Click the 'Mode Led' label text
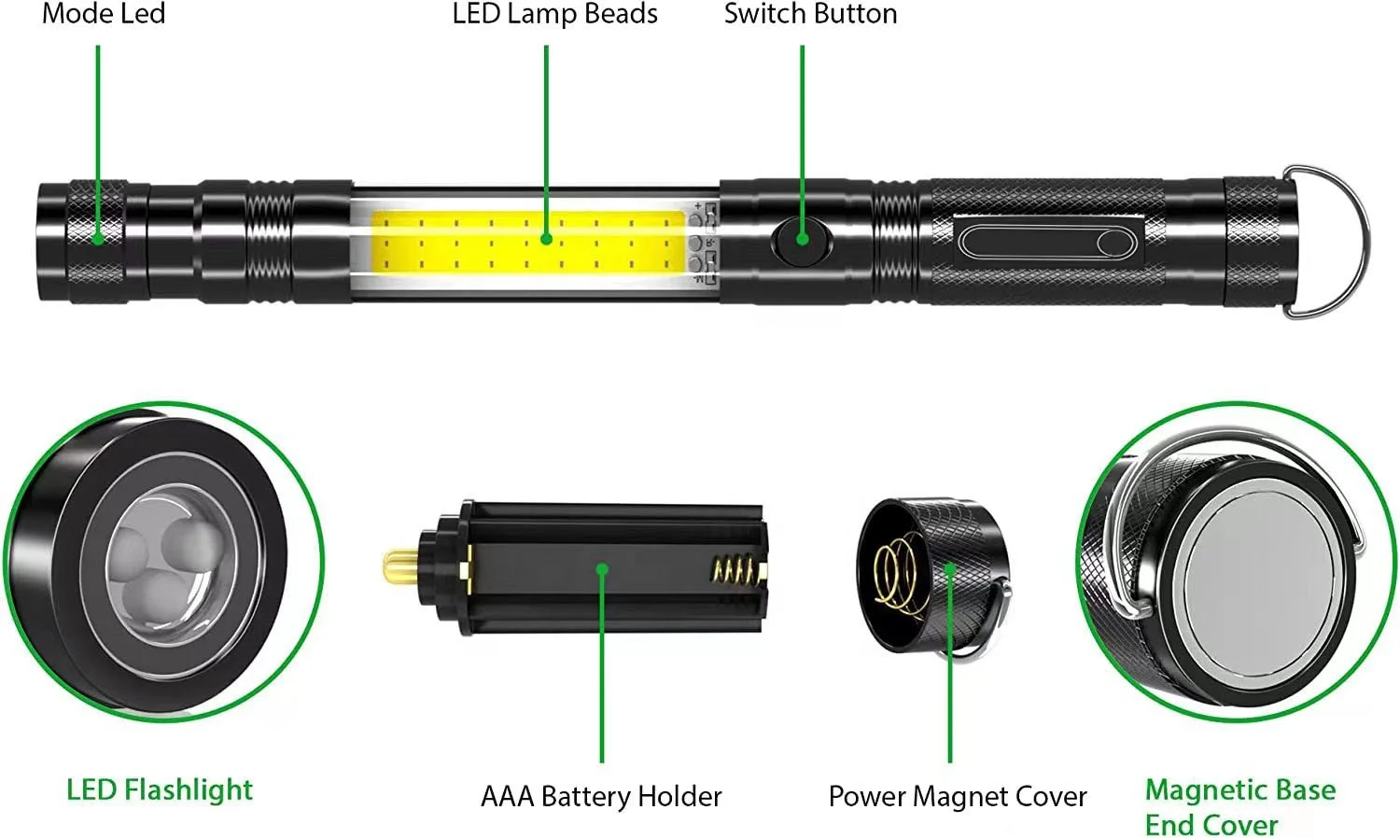pyautogui.click(x=104, y=14)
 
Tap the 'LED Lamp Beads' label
pyautogui.click(x=554, y=14)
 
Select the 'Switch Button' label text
pyautogui.click(x=810, y=14)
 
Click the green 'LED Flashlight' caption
pyautogui.click(x=160, y=789)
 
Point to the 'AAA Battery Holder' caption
pyautogui.click(x=601, y=796)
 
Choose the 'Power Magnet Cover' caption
pyautogui.click(x=958, y=796)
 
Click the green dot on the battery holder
pyautogui.click(x=602, y=568)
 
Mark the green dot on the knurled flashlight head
pyautogui.click(x=98, y=238)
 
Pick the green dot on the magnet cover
pyautogui.click(x=949, y=568)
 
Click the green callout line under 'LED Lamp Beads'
pyautogui.click(x=546, y=140)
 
